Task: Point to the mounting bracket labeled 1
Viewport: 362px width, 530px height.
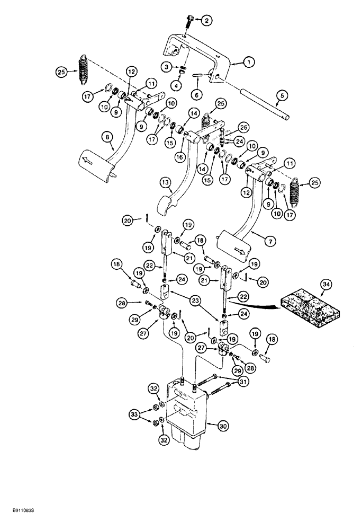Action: (x=204, y=58)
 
